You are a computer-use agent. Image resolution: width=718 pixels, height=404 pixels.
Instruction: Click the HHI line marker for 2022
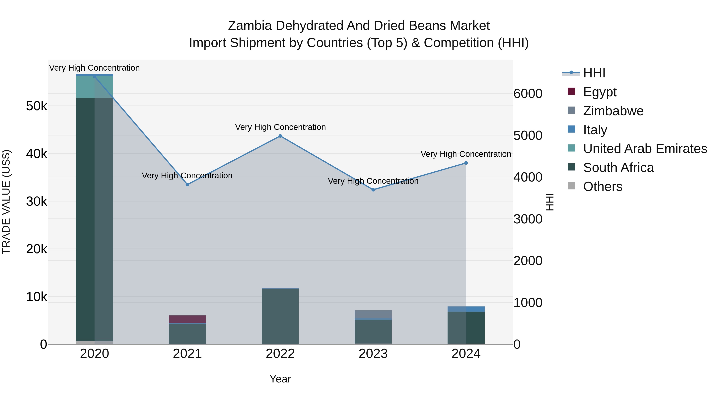coord(280,136)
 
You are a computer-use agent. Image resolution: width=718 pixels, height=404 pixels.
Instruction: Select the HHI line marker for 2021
coord(187,185)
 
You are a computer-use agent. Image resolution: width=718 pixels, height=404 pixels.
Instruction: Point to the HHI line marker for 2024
coord(466,163)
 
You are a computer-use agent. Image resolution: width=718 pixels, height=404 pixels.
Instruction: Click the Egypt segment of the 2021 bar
coord(187,319)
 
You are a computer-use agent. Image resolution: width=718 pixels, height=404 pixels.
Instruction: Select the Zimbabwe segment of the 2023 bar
coord(373,314)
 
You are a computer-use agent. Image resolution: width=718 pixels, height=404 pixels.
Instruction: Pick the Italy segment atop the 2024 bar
coord(466,309)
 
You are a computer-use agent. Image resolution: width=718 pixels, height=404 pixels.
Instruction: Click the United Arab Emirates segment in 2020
coord(95,87)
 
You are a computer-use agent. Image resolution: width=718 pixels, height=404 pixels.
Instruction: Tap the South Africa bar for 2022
coord(280,316)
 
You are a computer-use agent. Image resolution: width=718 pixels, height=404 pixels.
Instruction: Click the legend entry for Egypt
coord(600,92)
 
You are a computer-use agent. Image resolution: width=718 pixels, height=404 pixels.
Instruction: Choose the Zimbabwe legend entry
coord(613,111)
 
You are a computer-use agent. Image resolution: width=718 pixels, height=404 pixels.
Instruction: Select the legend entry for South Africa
coord(618,168)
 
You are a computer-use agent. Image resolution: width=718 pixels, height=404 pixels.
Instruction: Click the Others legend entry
coord(603,187)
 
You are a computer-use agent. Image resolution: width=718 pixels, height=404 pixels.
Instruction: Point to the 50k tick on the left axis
coord(36,106)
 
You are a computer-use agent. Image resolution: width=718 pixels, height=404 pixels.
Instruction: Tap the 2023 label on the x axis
coord(373,354)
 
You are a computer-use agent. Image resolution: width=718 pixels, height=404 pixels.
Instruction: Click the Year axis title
coord(280,379)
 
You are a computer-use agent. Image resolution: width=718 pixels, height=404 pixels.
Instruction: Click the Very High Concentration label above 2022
coord(280,127)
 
